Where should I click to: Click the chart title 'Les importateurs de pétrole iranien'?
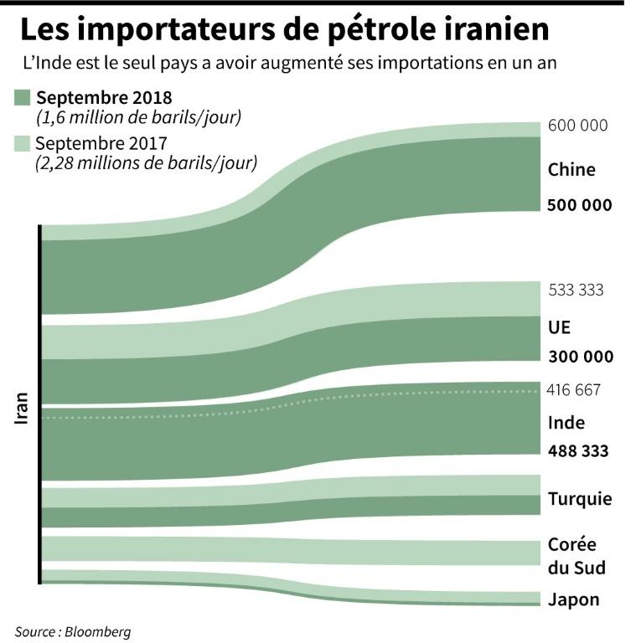pos(285,30)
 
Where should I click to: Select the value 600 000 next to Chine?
pos(577,126)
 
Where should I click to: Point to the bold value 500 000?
pos(580,205)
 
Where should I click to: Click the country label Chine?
pos(571,170)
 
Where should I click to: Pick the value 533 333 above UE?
pos(576,291)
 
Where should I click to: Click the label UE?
pos(559,327)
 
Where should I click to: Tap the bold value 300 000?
pos(580,357)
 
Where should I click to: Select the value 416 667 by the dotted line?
pos(574,389)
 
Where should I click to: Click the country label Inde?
pos(566,423)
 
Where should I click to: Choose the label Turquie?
pos(580,500)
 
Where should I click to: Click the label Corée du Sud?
pos(576,556)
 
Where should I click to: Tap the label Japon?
pos(573,599)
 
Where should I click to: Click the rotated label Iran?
pos(23,408)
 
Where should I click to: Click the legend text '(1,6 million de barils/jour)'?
pos(138,116)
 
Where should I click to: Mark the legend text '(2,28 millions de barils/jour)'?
pos(146,162)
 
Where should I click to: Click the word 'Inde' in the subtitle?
pos(70,64)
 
